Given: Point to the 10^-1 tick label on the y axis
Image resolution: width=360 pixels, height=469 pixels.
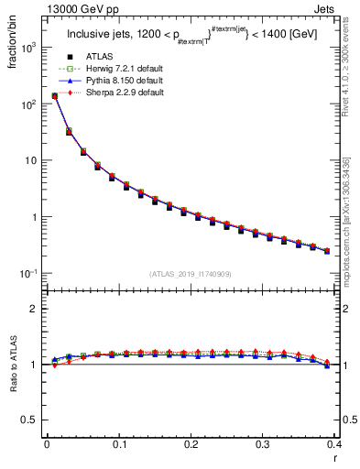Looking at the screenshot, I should pyautogui.click(x=32, y=274).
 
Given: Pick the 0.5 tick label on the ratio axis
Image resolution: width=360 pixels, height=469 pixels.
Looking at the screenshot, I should pyautogui.click(x=34, y=420).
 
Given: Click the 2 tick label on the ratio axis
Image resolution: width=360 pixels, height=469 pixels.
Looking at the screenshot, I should pyautogui.click(x=38, y=309).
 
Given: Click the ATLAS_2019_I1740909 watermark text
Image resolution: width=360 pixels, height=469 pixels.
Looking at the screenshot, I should pyautogui.click(x=191, y=274).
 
